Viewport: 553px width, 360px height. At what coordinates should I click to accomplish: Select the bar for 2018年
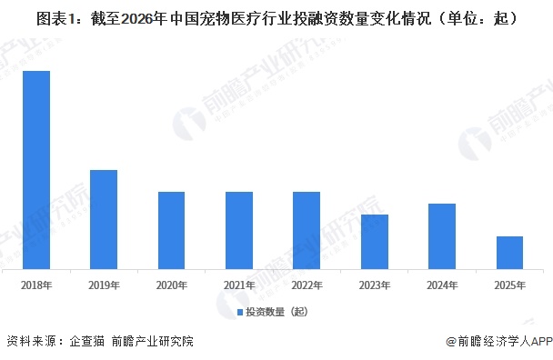[x=36, y=171]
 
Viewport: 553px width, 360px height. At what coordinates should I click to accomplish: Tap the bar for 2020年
[x=172, y=231]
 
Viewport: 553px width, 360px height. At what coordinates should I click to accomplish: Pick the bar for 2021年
[x=239, y=231]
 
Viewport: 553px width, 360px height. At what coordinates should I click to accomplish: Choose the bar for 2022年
[x=307, y=231]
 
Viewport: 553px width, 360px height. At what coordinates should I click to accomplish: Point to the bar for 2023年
[x=375, y=243]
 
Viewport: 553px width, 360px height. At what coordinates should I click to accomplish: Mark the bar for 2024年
[x=442, y=237]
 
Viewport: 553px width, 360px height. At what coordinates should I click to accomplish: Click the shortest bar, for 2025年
[x=509, y=254]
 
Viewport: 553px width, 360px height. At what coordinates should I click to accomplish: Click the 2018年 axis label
[x=36, y=285]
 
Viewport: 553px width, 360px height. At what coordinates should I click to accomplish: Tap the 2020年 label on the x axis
[x=172, y=285]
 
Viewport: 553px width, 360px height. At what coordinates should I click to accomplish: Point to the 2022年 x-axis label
[x=307, y=285]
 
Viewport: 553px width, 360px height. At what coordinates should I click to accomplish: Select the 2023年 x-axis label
[x=375, y=285]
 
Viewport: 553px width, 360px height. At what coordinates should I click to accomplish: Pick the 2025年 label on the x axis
[x=509, y=285]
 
